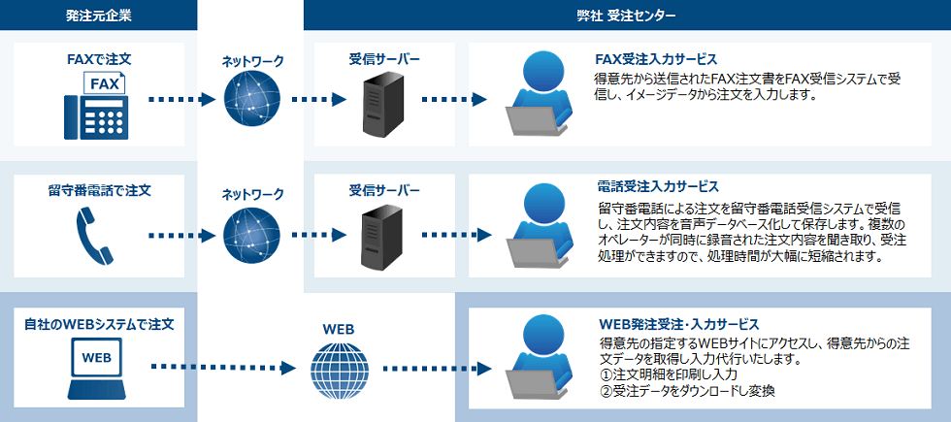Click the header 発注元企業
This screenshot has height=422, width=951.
[x=98, y=15]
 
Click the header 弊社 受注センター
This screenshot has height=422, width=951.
[x=627, y=15]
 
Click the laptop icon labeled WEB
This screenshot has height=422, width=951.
[x=98, y=367]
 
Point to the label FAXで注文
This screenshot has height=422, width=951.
[x=98, y=59]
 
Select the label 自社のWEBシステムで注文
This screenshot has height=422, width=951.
[x=98, y=323]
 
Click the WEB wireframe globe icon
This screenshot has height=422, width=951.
[x=340, y=369]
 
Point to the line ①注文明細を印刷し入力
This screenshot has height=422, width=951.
[x=670, y=374]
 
